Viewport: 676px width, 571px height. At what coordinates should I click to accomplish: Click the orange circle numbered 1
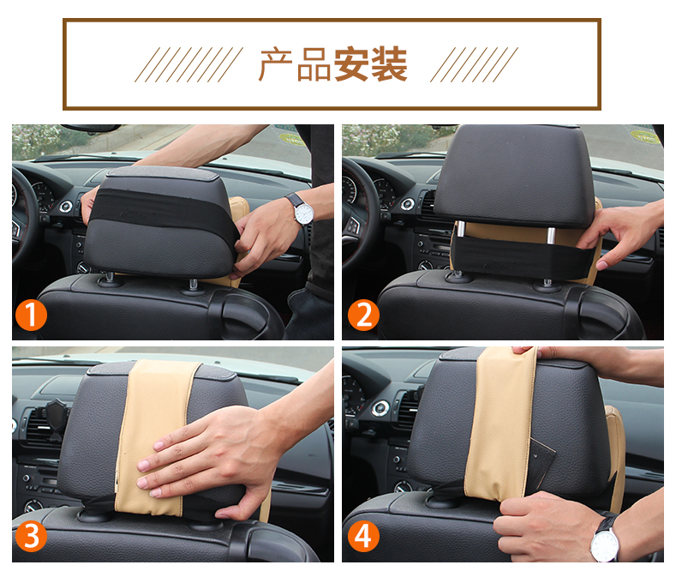(31, 316)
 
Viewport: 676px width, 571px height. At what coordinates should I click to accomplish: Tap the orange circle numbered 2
(363, 316)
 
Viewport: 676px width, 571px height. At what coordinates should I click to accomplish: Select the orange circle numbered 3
(31, 536)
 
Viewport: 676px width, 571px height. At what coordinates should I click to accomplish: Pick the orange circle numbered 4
(363, 536)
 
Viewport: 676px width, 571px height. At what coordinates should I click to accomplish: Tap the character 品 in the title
(314, 64)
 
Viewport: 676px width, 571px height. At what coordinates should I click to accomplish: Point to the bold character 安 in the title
(351, 64)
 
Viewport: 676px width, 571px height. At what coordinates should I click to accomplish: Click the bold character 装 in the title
(389, 64)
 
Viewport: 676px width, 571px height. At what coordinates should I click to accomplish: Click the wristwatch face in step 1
(304, 213)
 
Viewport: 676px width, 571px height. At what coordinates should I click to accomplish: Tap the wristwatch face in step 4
(605, 544)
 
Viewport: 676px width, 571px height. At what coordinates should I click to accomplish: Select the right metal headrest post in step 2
(551, 237)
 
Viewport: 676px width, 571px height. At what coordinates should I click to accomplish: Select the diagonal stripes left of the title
(188, 64)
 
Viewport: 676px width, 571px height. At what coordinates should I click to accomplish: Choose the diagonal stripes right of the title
(475, 64)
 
